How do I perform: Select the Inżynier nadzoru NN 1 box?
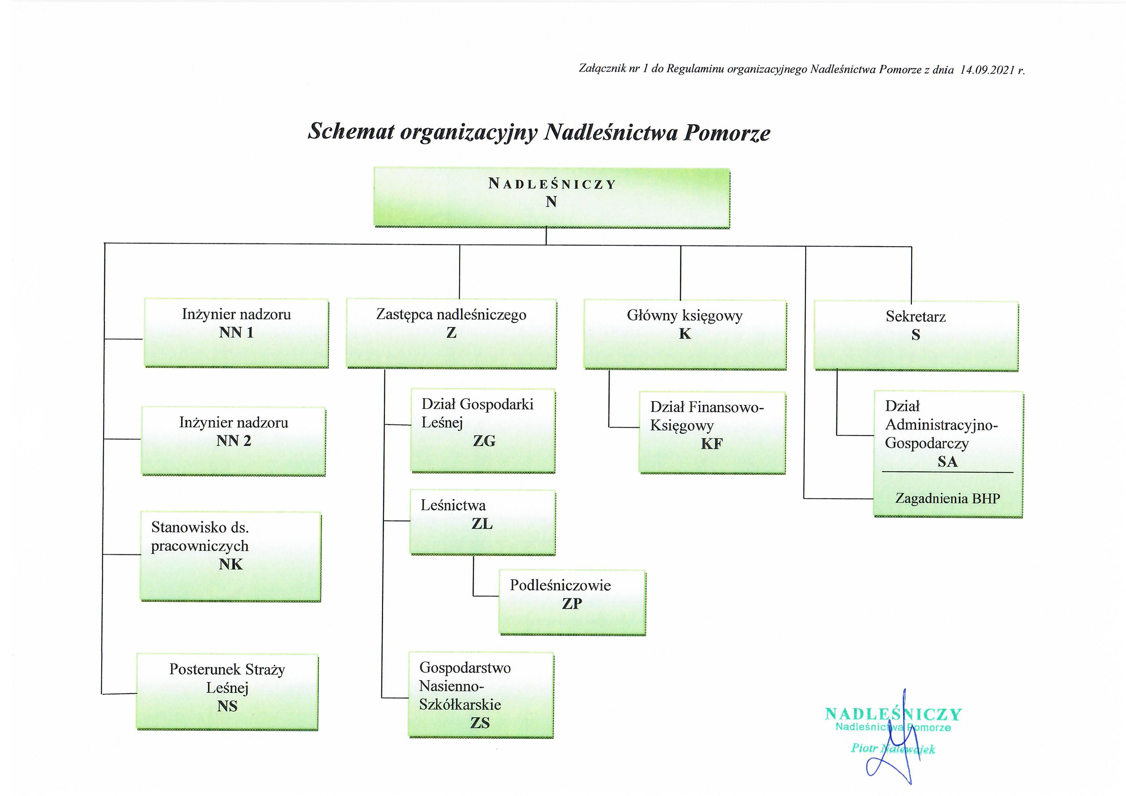pos(236,333)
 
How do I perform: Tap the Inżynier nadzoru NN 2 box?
pos(233,441)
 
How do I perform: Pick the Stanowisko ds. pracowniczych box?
pos(231,556)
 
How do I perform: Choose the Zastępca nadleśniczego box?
pos(451,333)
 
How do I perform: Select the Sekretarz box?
pos(916,336)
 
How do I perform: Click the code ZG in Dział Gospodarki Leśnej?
pos(484,441)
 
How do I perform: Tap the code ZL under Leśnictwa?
pos(482,524)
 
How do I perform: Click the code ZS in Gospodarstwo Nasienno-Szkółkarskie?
pos(480,723)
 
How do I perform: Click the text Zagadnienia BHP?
pos(947,498)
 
